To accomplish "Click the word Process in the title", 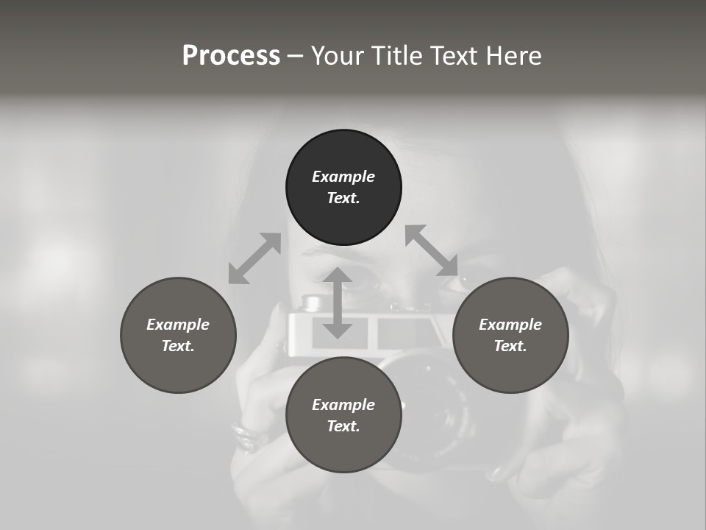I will tap(231, 56).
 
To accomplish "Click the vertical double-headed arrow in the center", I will tap(338, 303).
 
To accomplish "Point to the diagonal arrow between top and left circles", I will tap(254, 258).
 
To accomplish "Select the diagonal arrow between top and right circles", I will tap(431, 250).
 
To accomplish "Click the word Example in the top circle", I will tap(343, 177).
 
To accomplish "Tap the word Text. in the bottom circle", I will tap(343, 426).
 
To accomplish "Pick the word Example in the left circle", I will tap(178, 325).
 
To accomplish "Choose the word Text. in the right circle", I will tap(510, 346).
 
